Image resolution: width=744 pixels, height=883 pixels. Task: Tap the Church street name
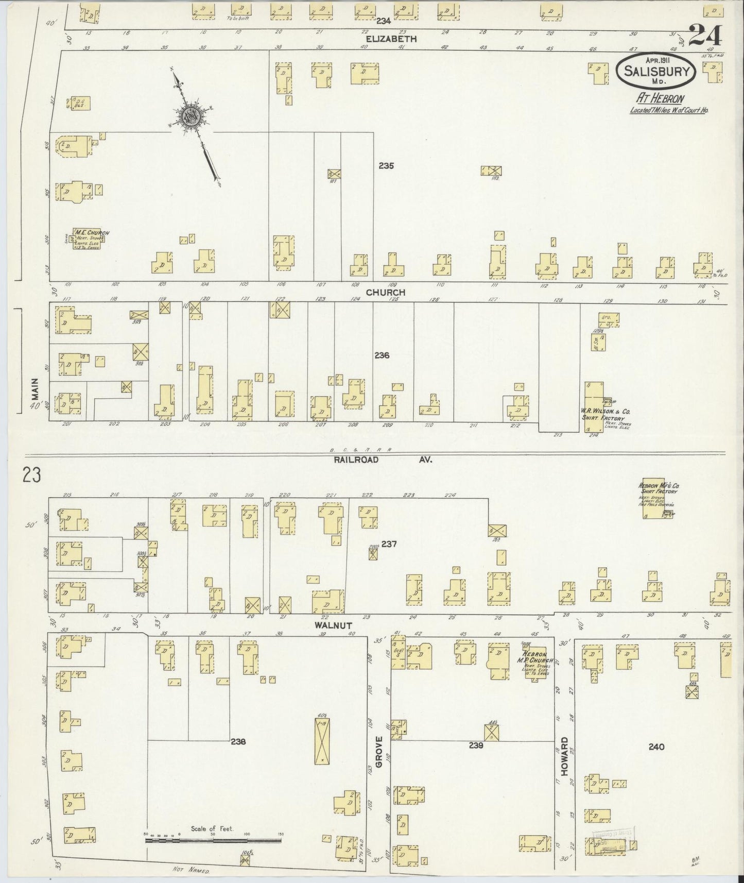click(x=386, y=292)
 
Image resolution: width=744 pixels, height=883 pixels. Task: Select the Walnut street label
click(x=334, y=625)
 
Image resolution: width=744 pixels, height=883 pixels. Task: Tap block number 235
click(x=386, y=166)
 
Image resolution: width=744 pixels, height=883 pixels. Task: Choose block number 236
click(x=382, y=355)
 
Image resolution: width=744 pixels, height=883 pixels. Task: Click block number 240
click(x=657, y=746)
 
